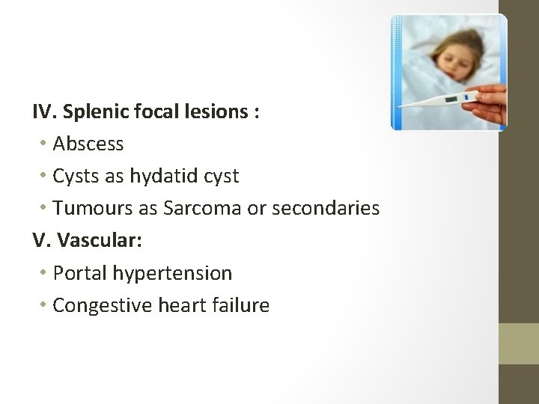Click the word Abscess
[88, 143]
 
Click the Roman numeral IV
[44, 111]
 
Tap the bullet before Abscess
[46, 143]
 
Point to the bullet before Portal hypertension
[46, 273]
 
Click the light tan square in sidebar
[519, 343]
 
